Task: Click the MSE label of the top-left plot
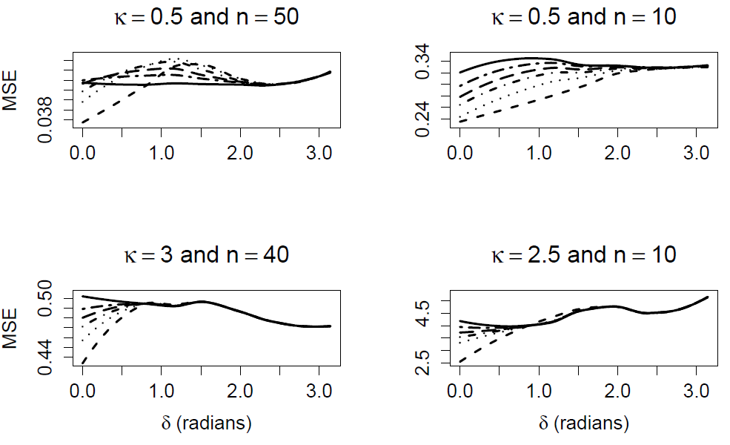click(10, 92)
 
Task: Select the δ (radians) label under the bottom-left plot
click(205, 423)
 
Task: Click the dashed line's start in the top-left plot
click(83, 122)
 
